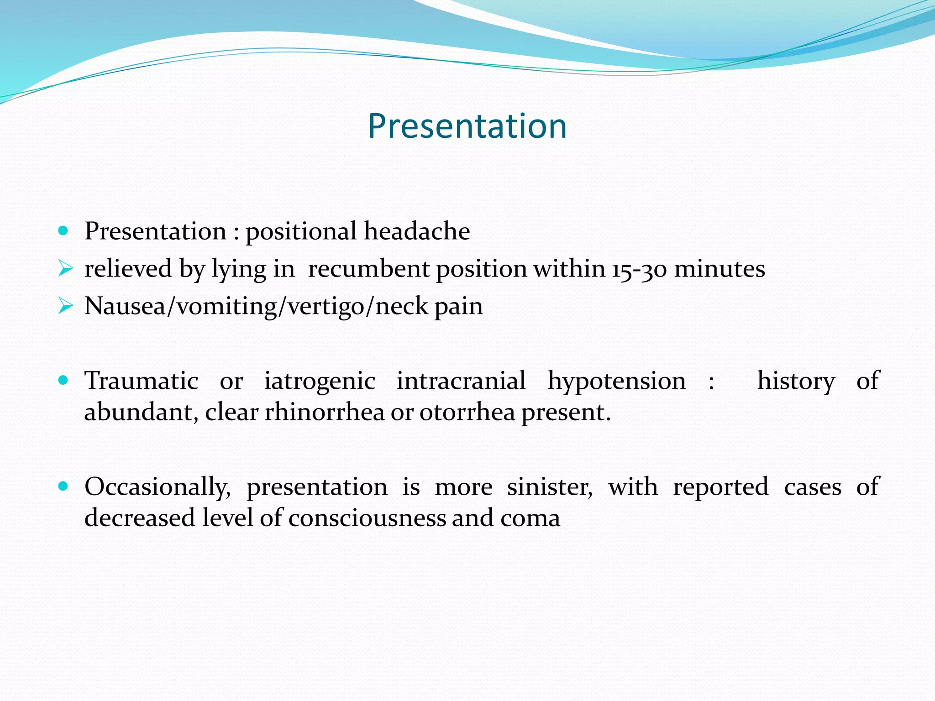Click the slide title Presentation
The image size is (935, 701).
pyautogui.click(x=467, y=126)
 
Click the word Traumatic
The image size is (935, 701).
pyautogui.click(x=142, y=381)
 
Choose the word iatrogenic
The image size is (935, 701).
pyautogui.click(x=320, y=381)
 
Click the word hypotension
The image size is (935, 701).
pyautogui.click(x=616, y=381)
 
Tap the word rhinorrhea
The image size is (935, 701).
pyautogui.click(x=325, y=413)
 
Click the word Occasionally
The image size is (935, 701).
pyautogui.click(x=158, y=487)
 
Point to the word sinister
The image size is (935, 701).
pyautogui.click(x=550, y=487)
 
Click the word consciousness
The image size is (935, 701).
pyautogui.click(x=367, y=518)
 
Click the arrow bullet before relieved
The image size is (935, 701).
pyautogui.click(x=65, y=269)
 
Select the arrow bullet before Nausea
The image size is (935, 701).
pyautogui.click(x=65, y=306)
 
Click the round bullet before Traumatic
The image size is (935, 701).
pyautogui.click(x=63, y=380)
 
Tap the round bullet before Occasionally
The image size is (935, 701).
pyautogui.click(x=63, y=486)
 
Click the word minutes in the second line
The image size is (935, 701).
pyautogui.click(x=720, y=269)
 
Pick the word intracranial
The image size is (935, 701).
pyautogui.click(x=461, y=381)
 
